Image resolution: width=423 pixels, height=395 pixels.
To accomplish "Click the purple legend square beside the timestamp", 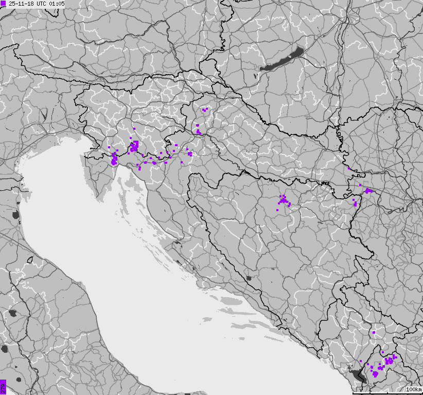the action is (3, 3).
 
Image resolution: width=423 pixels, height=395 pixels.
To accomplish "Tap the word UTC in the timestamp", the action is (42, 3).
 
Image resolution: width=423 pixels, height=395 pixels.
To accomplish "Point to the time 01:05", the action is (57, 3).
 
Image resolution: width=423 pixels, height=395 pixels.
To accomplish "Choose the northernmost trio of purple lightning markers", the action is (204, 109).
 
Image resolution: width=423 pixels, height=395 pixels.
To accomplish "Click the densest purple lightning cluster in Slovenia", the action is (134, 146).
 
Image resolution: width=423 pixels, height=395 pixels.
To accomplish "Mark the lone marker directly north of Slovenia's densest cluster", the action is (134, 129).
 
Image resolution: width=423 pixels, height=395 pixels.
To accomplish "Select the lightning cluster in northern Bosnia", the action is (283, 200).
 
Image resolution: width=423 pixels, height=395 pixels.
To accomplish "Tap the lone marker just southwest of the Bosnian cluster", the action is (277, 210).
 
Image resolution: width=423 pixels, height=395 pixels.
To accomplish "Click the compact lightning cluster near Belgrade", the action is (368, 191).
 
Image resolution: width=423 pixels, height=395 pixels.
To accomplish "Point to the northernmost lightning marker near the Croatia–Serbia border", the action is (348, 168).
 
